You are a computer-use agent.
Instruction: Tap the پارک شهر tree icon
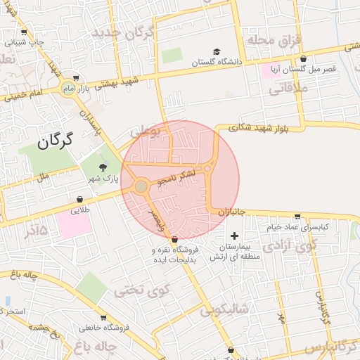103,167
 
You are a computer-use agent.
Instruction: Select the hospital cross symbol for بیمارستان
234,235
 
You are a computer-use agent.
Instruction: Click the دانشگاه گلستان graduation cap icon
217,52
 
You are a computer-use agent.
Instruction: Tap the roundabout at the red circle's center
141,186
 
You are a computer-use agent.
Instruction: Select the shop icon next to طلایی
78,199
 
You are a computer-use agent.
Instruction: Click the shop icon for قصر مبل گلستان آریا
303,59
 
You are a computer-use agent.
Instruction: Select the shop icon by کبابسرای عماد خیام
297,217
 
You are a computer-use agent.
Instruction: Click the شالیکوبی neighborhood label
225,310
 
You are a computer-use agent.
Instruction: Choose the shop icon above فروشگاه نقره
174,240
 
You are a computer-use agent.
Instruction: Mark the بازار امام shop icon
75,79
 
